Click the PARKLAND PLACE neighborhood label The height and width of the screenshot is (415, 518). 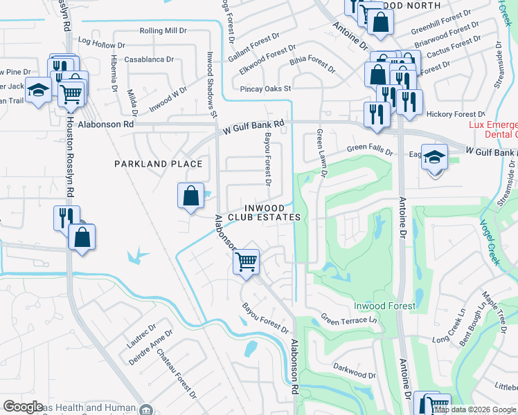[x=159, y=164]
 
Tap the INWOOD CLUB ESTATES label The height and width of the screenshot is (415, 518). [x=271, y=212]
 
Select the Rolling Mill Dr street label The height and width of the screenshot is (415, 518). [x=163, y=31]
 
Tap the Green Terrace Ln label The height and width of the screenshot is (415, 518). [x=348, y=319]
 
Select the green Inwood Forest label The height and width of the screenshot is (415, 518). [x=384, y=306]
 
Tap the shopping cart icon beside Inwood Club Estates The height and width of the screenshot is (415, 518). [x=246, y=262]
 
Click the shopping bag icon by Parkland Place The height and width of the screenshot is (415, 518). [x=190, y=196]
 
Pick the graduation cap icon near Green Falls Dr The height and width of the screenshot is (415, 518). [x=434, y=158]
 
